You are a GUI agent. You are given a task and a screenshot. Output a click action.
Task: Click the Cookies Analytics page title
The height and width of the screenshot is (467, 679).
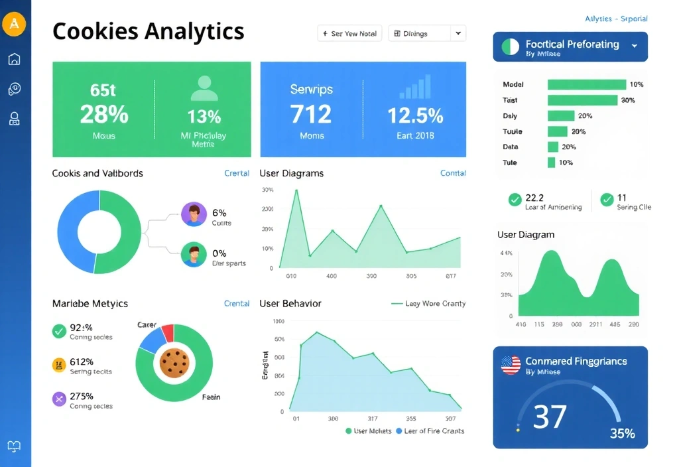(148, 31)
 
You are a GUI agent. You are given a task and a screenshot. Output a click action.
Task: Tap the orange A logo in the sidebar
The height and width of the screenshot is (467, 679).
(14, 25)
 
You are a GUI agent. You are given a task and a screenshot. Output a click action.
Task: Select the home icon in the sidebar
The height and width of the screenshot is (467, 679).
(14, 59)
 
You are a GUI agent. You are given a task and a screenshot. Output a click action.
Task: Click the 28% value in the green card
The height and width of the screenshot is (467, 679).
(103, 114)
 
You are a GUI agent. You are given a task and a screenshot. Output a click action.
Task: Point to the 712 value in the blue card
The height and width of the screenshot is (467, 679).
(311, 114)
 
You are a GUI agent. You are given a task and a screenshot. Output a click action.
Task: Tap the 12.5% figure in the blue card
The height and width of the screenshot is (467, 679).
(415, 115)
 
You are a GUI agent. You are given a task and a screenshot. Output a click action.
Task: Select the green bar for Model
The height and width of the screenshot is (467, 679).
(586, 84)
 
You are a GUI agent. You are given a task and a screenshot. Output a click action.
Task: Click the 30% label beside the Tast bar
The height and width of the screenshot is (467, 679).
(627, 100)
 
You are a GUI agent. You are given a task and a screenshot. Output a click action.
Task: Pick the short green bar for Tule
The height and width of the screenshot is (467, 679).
(551, 163)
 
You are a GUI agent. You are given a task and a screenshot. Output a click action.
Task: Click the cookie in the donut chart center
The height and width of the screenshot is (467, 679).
(174, 363)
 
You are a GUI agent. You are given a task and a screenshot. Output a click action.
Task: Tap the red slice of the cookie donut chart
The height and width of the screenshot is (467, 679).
(167, 332)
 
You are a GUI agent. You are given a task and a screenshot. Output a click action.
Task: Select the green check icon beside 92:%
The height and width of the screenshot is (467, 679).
(59, 330)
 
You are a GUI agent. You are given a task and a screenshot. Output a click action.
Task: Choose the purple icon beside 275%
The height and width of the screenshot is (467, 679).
(59, 399)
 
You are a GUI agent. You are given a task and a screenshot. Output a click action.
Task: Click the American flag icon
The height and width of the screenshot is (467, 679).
(511, 365)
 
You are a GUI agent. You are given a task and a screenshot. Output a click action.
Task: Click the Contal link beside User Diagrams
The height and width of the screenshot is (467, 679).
(453, 173)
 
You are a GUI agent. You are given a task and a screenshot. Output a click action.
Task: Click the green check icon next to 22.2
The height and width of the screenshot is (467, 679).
(515, 200)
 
